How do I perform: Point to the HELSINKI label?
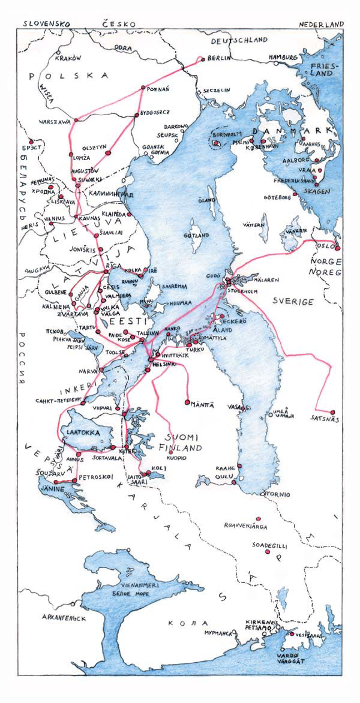[168, 363]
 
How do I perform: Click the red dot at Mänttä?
[187, 401]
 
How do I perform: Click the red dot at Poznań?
[142, 88]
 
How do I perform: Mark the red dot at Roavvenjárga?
[258, 519]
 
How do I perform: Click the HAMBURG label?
[283, 57]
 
